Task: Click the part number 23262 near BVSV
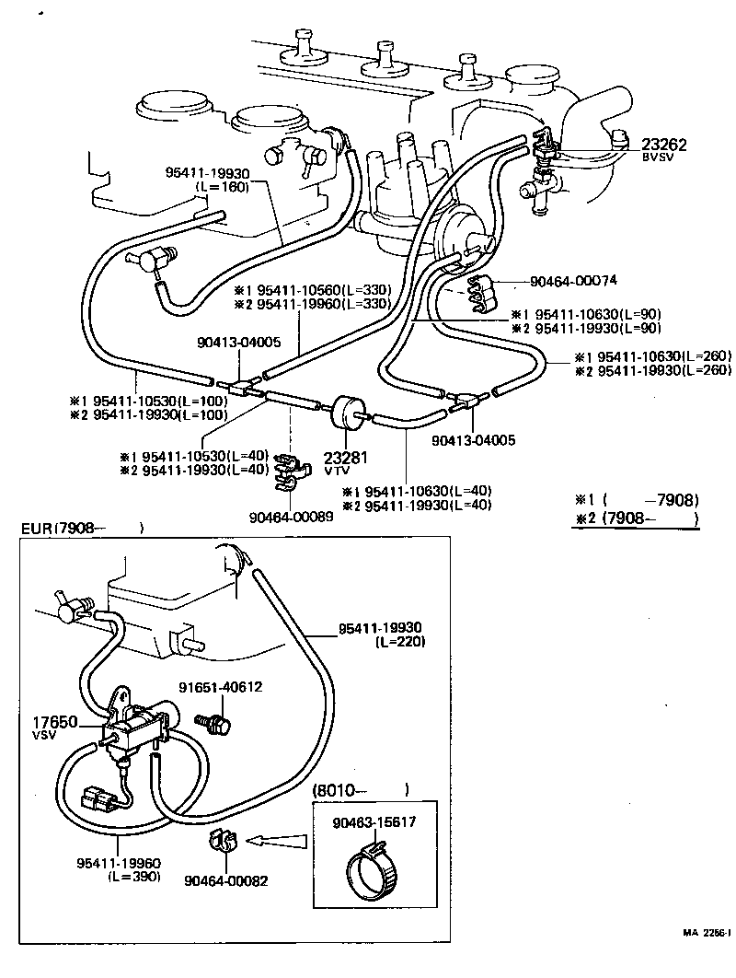click(664, 145)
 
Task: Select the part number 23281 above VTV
click(344, 456)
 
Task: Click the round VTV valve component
click(347, 412)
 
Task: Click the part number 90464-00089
click(290, 516)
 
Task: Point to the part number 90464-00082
click(226, 880)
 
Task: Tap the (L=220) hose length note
click(400, 642)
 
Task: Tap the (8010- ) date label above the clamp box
click(361, 789)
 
